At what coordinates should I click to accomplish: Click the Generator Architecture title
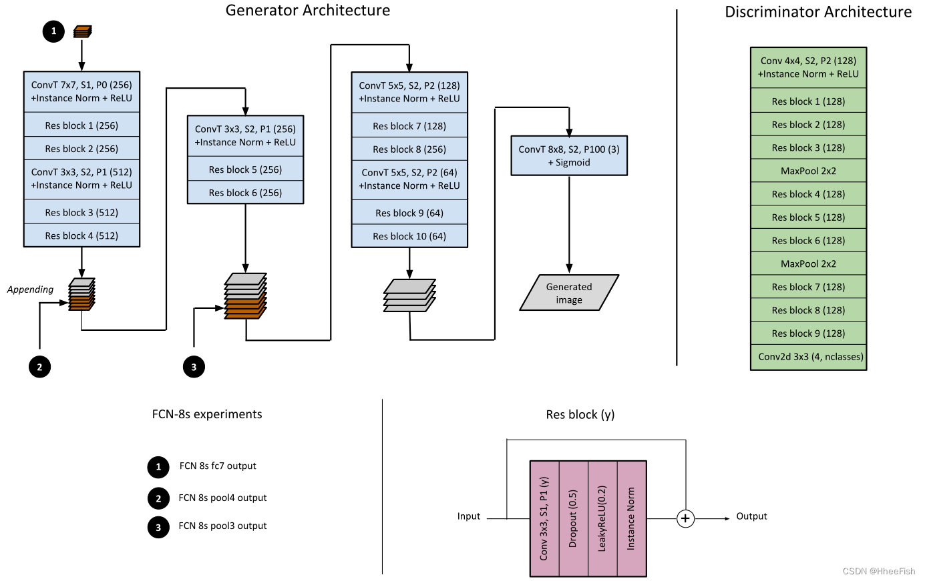[308, 11]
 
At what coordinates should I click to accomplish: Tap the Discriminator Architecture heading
[817, 12]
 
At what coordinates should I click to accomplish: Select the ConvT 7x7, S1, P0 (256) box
[81, 91]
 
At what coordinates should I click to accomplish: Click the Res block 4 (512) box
[81, 235]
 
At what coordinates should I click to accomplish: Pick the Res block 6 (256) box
[245, 193]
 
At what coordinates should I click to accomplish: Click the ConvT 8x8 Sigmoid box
[569, 156]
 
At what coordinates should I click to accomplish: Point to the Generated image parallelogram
[569, 294]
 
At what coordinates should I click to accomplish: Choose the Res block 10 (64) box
[409, 236]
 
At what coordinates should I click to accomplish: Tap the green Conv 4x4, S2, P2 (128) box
[808, 67]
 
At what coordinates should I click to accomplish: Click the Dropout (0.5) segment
[573, 518]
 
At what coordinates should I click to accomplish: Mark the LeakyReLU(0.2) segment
[602, 518]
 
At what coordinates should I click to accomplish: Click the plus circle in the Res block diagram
[685, 518]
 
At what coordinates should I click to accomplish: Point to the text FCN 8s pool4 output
[222, 498]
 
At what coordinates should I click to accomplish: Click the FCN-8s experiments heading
[207, 414]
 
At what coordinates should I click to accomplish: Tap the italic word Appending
[30, 289]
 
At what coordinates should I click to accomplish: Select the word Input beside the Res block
[469, 516]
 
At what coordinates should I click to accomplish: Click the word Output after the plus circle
[751, 516]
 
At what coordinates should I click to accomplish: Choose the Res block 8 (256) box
[409, 149]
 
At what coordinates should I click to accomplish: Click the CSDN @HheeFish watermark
[878, 571]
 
